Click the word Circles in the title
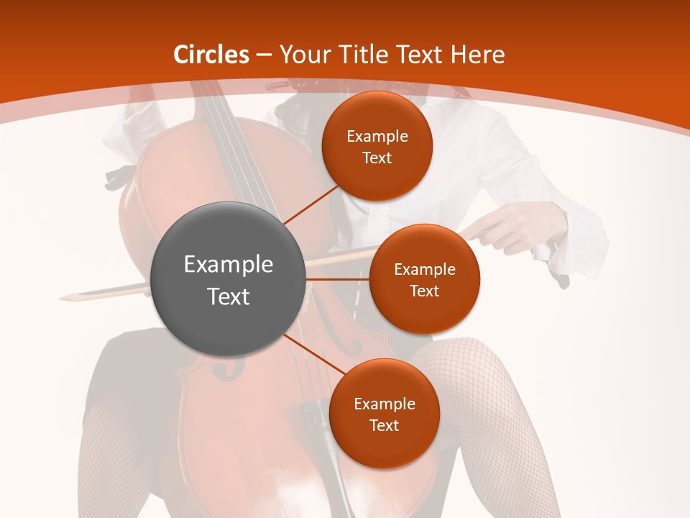pyautogui.click(x=211, y=55)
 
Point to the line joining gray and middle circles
pyautogui.click(x=337, y=279)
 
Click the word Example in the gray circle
pyautogui.click(x=229, y=265)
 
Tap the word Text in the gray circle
pyautogui.click(x=229, y=296)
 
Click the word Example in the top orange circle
pyautogui.click(x=377, y=137)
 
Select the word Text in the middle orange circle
pyautogui.click(x=424, y=291)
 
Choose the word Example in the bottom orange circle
pyautogui.click(x=384, y=404)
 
